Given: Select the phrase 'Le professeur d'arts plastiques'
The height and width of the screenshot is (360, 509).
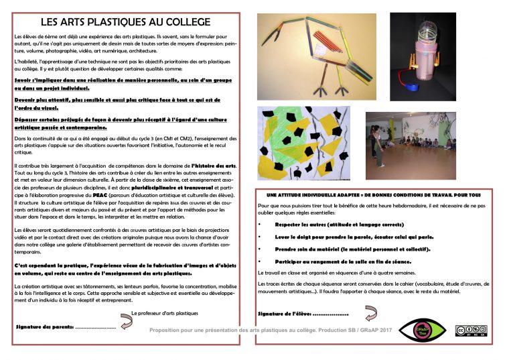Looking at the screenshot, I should pos(165,313).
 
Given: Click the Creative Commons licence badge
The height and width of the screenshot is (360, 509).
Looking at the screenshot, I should pos(471,330).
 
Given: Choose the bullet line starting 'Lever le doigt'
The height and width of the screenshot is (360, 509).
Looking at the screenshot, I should pos(354,237).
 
